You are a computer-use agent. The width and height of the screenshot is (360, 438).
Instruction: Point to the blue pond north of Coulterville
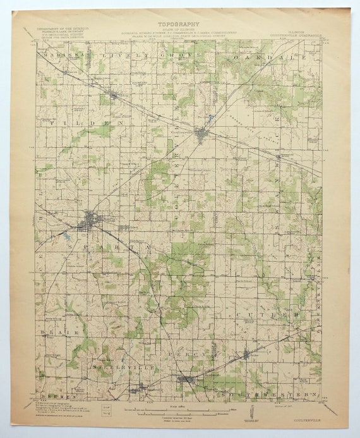point(208,118)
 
